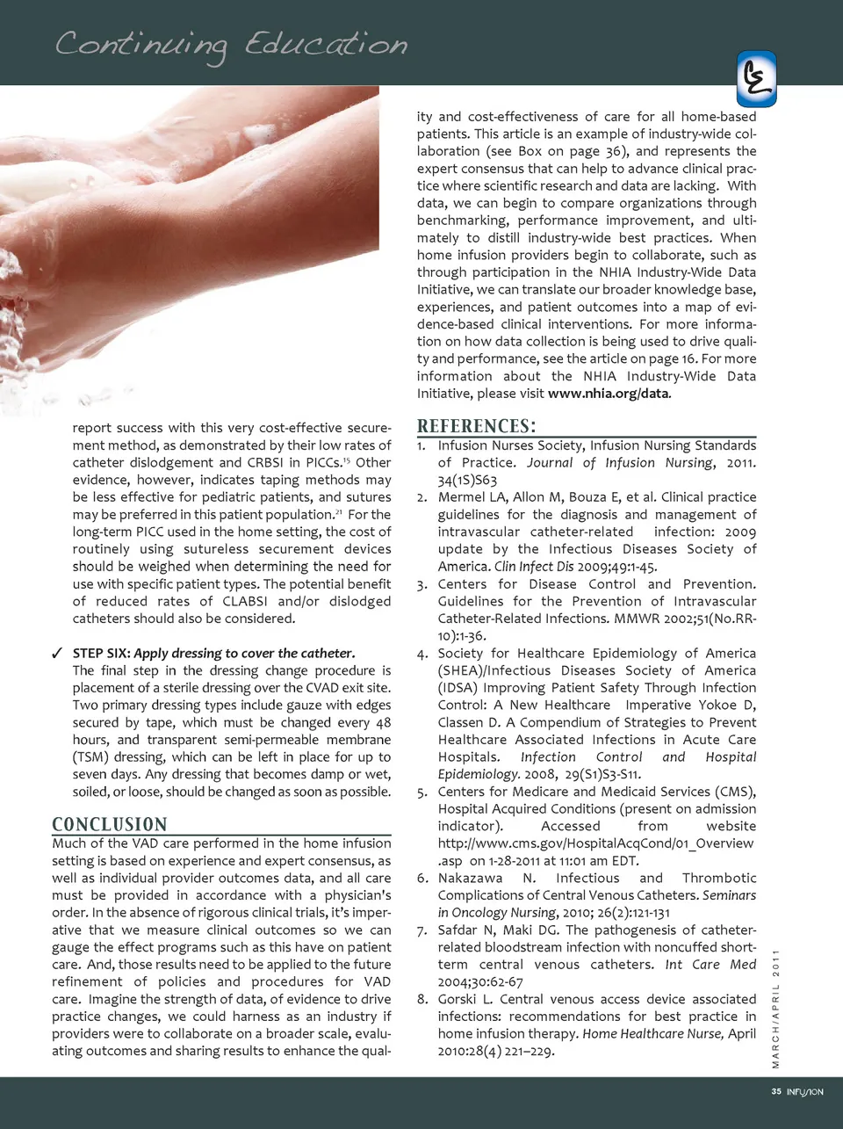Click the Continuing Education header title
tap(231, 45)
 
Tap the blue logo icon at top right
tap(756, 78)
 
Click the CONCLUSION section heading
tap(110, 824)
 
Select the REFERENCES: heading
tap(476, 426)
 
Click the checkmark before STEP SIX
tap(56, 653)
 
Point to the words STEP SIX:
tap(101, 653)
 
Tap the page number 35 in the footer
tap(776, 1091)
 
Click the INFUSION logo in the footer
tap(805, 1091)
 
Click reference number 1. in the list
tap(422, 445)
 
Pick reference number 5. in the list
tap(422, 792)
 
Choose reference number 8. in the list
tap(422, 999)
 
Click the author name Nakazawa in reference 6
tap(470, 878)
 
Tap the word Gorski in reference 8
tap(458, 999)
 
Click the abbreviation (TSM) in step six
tap(90, 756)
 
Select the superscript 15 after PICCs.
tap(347, 459)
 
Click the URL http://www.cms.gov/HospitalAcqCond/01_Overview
tap(595, 843)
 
